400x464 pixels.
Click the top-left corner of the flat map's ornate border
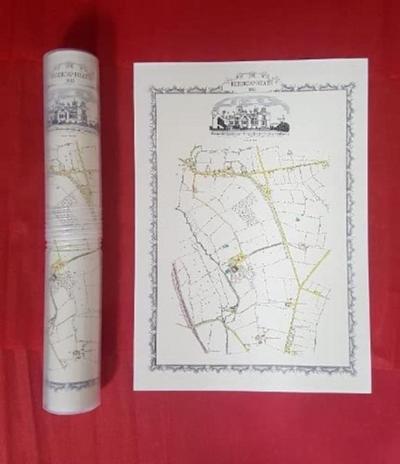[x=154, y=91]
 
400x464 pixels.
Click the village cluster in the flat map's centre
[x=237, y=262]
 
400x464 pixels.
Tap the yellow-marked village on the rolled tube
[x=61, y=266]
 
